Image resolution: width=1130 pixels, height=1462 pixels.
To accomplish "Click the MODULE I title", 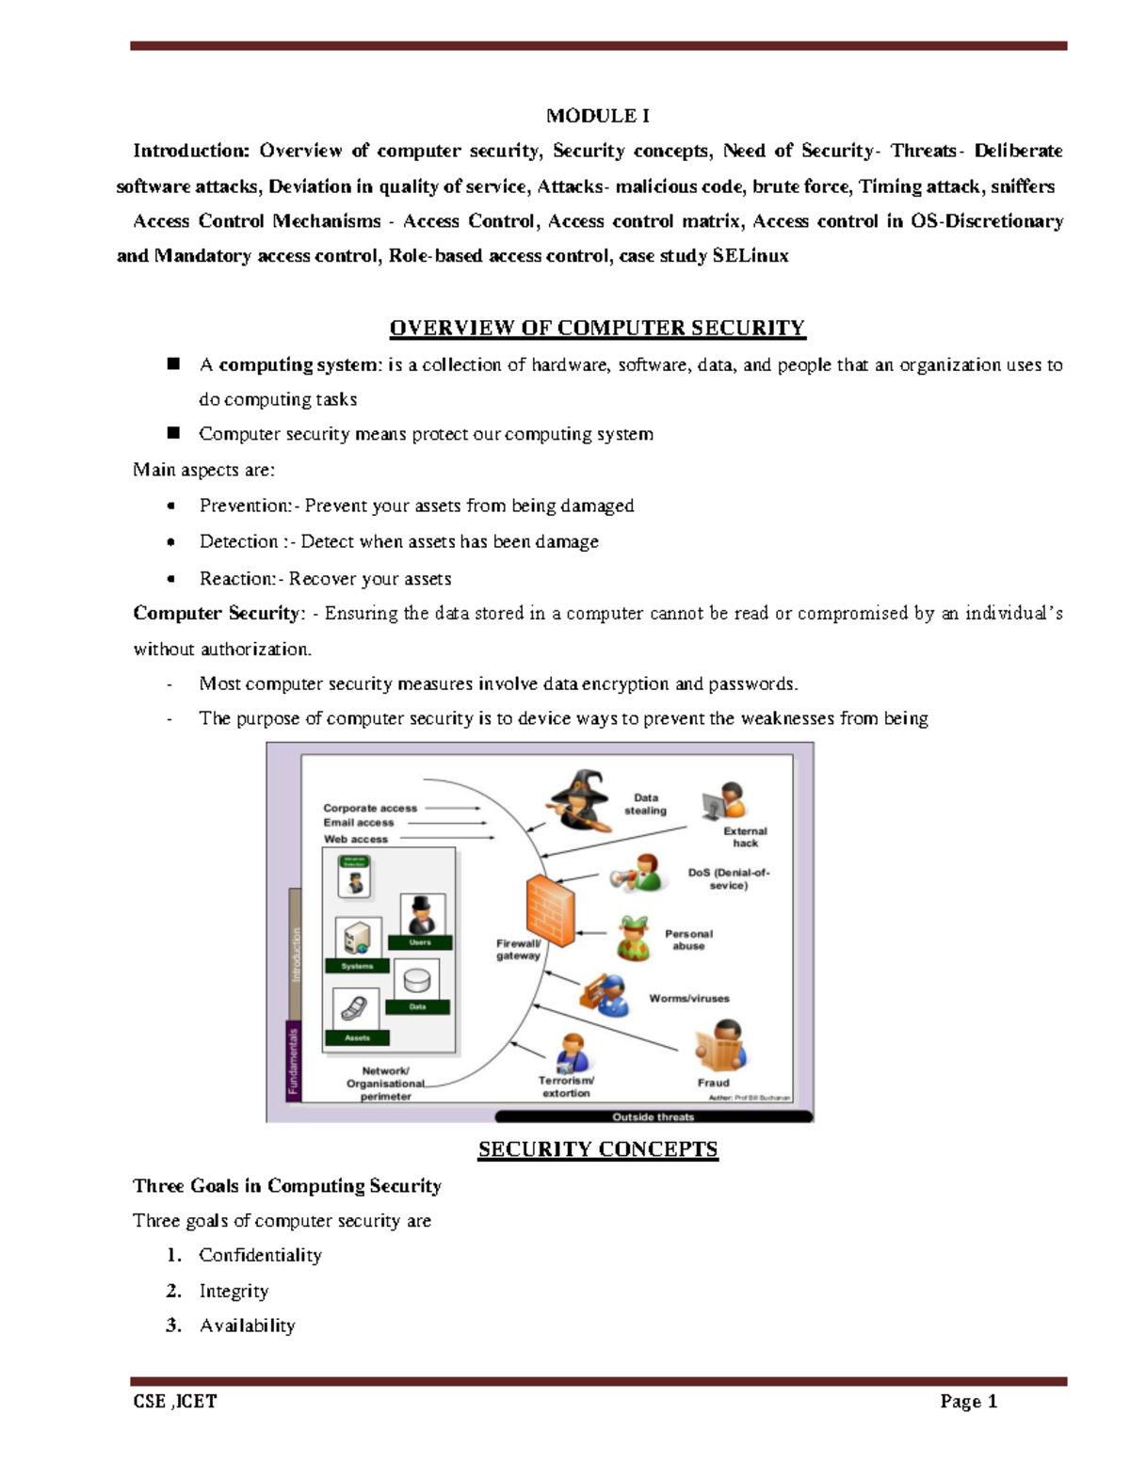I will (x=598, y=116).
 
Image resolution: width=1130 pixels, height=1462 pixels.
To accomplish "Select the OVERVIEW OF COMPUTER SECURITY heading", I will (x=598, y=328).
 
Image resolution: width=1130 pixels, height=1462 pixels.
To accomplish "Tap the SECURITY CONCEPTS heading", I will (x=598, y=1149).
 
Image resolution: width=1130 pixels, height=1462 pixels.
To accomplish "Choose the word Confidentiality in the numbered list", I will (x=260, y=1255).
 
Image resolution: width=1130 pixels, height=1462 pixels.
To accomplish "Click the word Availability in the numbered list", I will (x=247, y=1325).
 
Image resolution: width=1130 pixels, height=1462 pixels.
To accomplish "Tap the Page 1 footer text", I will (x=968, y=1402).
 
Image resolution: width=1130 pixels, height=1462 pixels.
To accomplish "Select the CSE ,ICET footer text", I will (x=175, y=1402).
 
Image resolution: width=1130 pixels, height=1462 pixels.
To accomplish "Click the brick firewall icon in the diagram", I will (x=550, y=909).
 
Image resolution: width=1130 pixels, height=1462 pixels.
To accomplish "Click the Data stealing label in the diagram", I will (x=645, y=804).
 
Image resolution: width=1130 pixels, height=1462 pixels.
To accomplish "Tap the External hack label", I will (x=745, y=837).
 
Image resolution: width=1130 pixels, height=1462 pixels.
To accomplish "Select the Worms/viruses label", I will (x=688, y=998).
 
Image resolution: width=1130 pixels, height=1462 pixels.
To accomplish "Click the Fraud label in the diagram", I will (x=713, y=1083).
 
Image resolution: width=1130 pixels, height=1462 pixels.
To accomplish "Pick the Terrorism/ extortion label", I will (x=566, y=1087).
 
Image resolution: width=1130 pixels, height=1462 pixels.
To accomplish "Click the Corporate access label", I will (x=370, y=808).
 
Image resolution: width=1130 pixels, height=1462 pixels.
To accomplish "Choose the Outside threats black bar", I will (x=654, y=1117).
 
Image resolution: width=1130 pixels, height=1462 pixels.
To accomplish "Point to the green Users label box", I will (x=420, y=942).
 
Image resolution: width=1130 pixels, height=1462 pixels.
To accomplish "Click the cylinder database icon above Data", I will (x=416, y=980).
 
